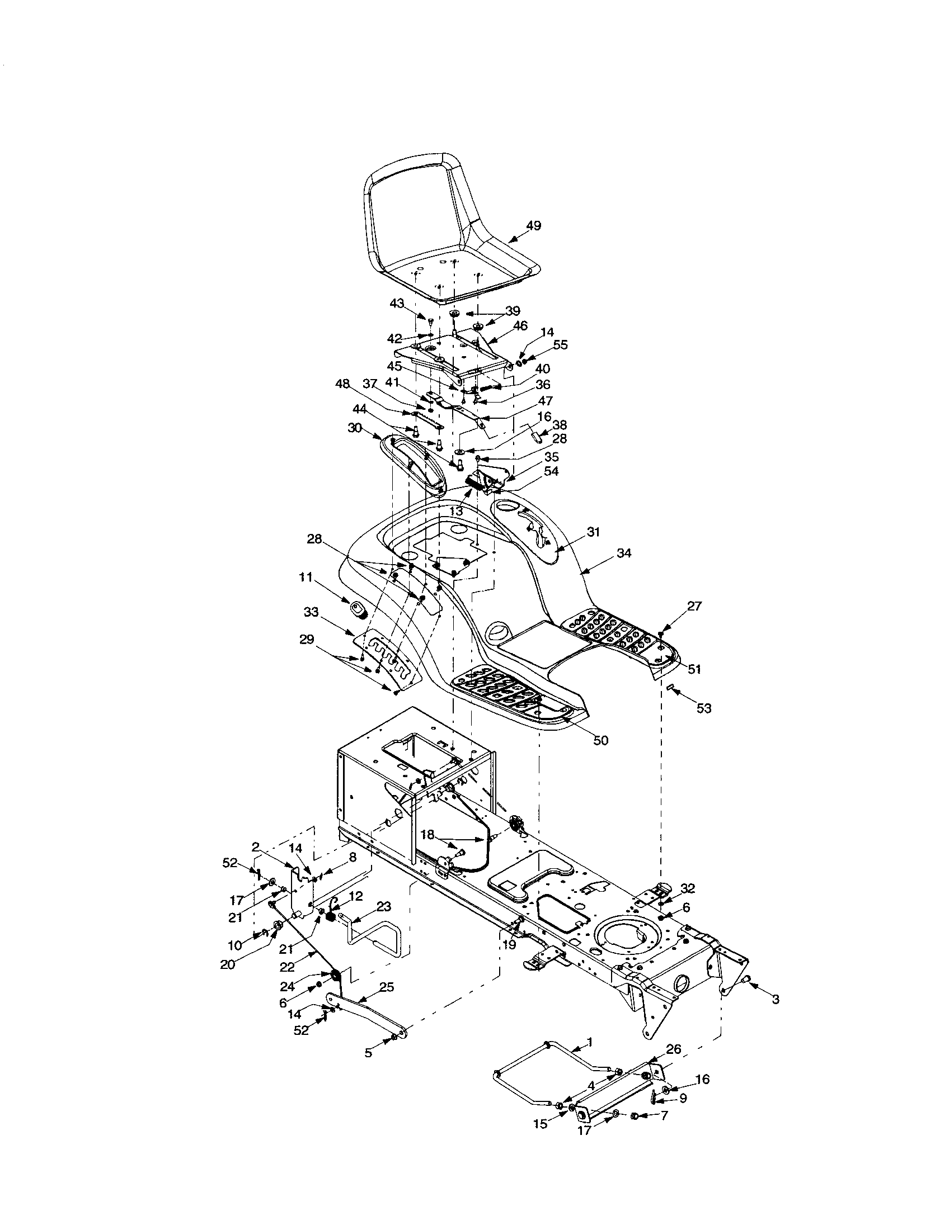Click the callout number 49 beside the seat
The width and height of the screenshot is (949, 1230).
[x=533, y=226]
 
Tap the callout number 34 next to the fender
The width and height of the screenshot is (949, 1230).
[x=623, y=553]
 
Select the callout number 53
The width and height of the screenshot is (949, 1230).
[x=704, y=708]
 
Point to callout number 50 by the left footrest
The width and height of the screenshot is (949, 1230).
[x=601, y=741]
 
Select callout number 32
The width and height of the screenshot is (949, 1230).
[x=687, y=889]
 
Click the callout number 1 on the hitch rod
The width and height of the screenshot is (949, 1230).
[x=589, y=1043]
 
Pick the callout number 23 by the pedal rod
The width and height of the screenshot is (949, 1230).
[x=383, y=907]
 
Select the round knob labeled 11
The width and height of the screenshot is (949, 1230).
[x=358, y=609]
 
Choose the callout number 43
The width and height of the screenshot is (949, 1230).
[x=397, y=304]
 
